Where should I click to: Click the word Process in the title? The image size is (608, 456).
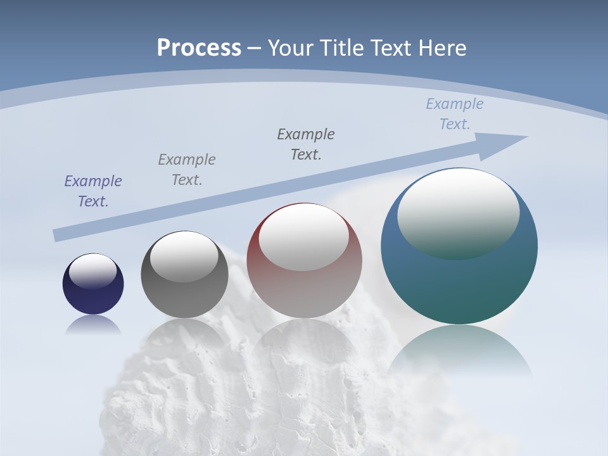199,48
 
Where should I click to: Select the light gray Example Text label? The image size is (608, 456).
187,170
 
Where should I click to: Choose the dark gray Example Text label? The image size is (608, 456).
306,144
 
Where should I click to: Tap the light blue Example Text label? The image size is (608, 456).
455,114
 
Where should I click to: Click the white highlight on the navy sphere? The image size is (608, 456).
93,271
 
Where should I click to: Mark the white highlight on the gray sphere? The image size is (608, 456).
184,256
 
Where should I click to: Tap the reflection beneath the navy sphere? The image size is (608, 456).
93,324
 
